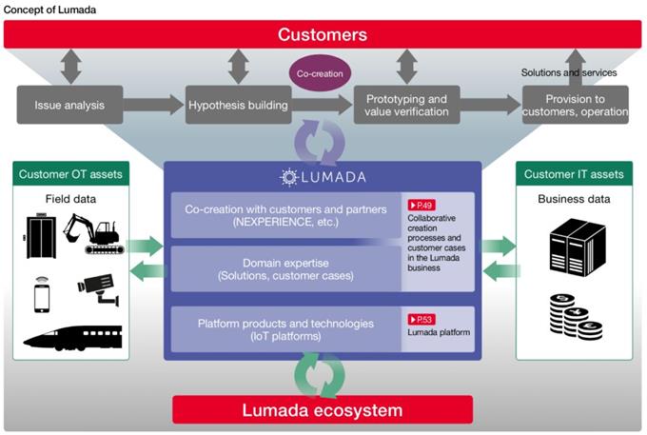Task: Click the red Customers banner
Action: (323, 34)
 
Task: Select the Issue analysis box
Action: (69, 105)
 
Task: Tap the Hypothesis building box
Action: (239, 105)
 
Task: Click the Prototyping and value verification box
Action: (407, 105)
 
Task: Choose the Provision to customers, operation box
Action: (576, 105)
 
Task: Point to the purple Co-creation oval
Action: (320, 73)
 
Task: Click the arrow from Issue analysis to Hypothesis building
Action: (153, 105)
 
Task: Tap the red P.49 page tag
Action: (422, 205)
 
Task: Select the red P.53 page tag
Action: (422, 320)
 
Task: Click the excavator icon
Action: (93, 233)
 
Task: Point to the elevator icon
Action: (41, 236)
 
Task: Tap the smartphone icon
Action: (42, 295)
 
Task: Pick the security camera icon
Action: (99, 288)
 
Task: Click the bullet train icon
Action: (72, 338)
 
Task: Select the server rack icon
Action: (578, 247)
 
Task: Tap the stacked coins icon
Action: (576, 317)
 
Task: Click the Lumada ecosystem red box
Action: (323, 410)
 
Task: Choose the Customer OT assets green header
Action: (71, 174)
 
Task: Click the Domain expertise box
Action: (286, 269)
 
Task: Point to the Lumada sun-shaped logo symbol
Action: (289, 177)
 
